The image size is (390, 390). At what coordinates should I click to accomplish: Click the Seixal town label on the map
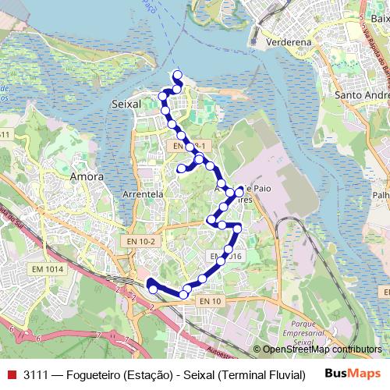tap(127, 103)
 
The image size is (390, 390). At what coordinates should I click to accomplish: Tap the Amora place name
tap(87, 176)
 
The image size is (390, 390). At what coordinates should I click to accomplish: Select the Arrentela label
tap(143, 193)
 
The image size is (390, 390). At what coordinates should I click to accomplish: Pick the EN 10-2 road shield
tap(141, 242)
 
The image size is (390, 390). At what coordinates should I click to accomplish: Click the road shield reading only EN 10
tap(210, 301)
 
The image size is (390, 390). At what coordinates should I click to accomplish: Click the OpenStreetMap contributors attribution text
tap(322, 349)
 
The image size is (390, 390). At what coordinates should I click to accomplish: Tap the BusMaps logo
tap(352, 374)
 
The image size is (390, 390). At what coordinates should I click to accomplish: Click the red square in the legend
tap(11, 374)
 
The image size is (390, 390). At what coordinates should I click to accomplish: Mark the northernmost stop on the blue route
tap(178, 75)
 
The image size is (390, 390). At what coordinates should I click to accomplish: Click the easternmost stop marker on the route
tap(240, 190)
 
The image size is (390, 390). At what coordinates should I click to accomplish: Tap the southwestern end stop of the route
tap(153, 289)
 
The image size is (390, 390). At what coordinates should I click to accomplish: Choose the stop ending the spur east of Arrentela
tap(181, 168)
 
